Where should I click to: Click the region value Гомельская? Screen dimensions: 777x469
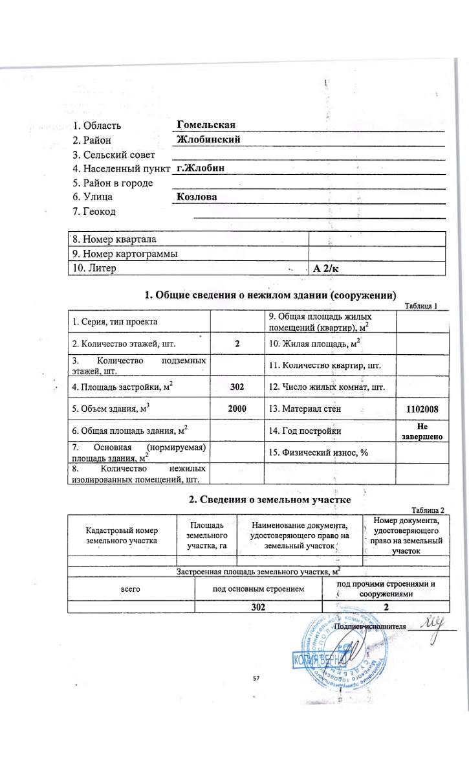[x=205, y=124]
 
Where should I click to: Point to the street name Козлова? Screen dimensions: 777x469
[x=196, y=197]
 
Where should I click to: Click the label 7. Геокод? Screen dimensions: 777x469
[x=94, y=212]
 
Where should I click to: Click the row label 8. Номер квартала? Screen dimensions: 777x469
[x=115, y=240]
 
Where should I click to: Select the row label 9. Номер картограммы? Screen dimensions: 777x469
[x=124, y=254]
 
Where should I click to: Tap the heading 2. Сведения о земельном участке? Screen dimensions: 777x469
[x=269, y=499]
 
